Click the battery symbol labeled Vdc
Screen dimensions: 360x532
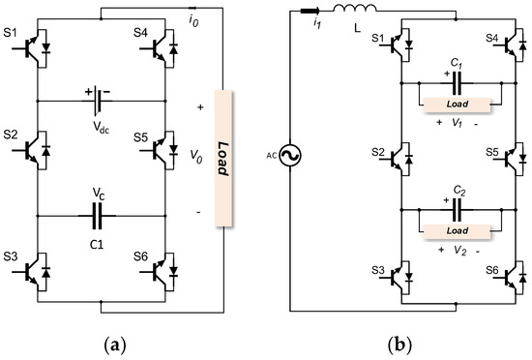(x=101, y=99)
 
